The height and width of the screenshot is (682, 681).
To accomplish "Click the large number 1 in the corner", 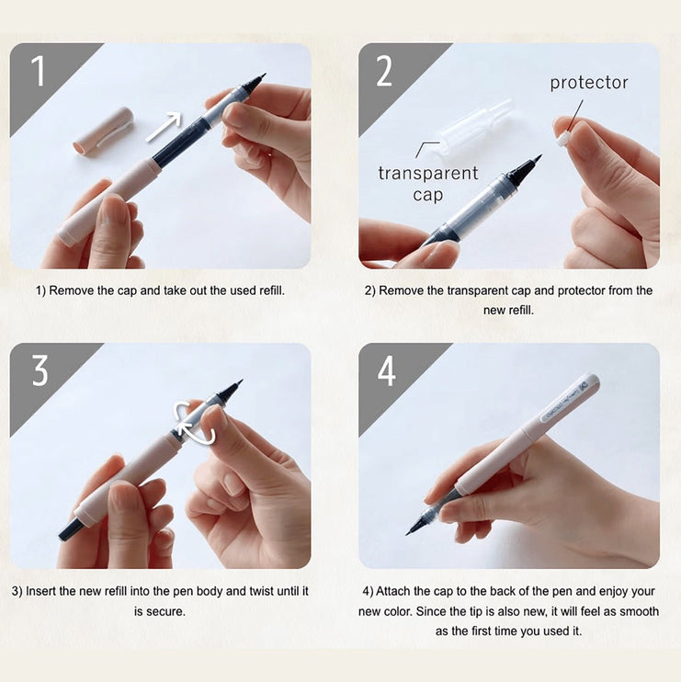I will pos(38,70).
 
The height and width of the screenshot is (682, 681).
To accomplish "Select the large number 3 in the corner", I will pos(40,370).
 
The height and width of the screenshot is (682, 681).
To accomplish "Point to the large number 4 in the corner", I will pos(387,370).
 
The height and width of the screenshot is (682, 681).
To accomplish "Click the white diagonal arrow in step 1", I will pos(164,126).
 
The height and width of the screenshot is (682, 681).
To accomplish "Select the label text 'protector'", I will pos(589,83).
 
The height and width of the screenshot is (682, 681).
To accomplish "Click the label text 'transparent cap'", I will pos(427,183).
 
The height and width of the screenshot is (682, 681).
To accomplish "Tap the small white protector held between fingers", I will pos(563,137).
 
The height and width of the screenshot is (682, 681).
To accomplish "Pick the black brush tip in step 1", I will pos(254,84).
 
